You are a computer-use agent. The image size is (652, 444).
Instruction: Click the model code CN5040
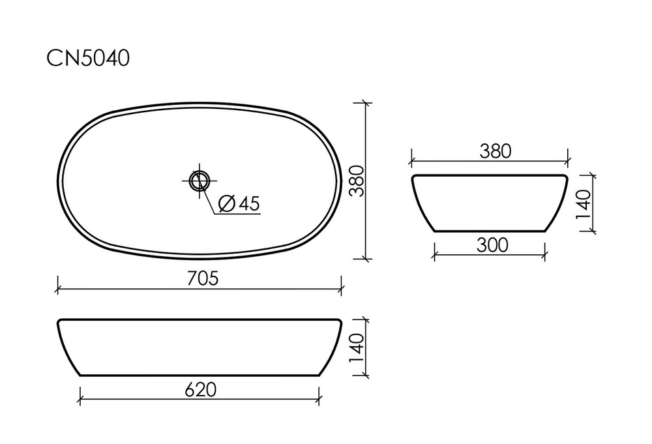pos(87,59)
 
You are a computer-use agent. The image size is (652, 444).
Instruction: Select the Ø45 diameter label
pos(239,203)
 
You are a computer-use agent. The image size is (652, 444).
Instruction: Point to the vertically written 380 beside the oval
pos(355,181)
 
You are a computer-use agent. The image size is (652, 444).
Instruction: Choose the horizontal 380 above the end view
pos(496,151)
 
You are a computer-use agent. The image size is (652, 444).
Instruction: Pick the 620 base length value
pos(200,389)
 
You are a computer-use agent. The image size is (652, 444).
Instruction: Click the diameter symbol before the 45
pos(226,203)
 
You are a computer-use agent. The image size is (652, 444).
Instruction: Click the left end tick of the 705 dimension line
pos(59,288)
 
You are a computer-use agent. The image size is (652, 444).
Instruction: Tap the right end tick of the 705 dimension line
pos(341,288)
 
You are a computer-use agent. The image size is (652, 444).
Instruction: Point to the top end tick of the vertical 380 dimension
pos(365,103)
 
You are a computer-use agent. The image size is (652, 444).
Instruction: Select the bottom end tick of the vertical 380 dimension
pos(365,259)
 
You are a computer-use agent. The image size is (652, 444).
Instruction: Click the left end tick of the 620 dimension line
pos(80,399)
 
